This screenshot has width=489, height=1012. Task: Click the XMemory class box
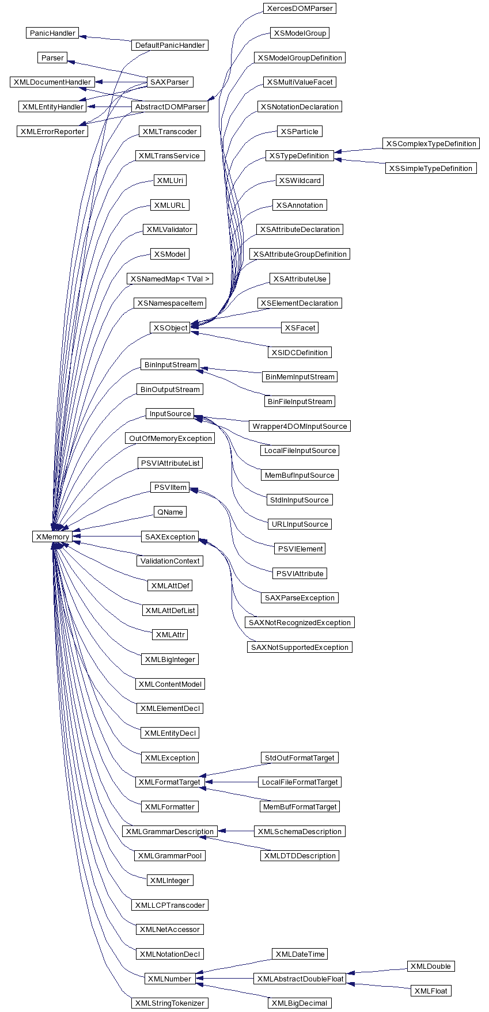tap(52, 537)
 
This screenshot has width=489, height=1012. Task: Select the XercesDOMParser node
tap(300, 9)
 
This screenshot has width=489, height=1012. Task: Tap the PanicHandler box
tap(52, 33)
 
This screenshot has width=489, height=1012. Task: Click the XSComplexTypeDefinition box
tap(431, 144)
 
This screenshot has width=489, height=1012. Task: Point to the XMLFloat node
tap(431, 991)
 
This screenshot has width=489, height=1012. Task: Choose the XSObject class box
tap(170, 328)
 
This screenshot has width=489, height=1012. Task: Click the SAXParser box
tap(170, 82)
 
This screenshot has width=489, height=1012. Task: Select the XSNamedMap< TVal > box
tap(170, 279)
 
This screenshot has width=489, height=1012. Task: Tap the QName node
tap(170, 512)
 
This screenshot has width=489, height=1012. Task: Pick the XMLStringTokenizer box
tap(170, 1003)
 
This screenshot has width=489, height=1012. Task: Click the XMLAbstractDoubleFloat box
tap(300, 979)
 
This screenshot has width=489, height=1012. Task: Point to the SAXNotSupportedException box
tap(300, 647)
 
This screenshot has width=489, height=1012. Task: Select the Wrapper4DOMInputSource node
tap(300, 426)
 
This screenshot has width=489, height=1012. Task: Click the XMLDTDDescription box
tap(300, 855)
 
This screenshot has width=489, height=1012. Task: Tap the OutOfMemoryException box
tap(170, 439)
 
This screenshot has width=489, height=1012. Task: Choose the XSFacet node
tap(300, 328)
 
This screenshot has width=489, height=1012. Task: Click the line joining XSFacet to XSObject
tap(236, 328)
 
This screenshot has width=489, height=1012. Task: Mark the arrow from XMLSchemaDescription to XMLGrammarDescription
tap(236, 831)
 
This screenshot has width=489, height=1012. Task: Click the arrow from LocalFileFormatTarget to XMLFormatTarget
tap(232, 782)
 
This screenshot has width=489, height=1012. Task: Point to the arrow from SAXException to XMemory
tap(107, 537)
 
